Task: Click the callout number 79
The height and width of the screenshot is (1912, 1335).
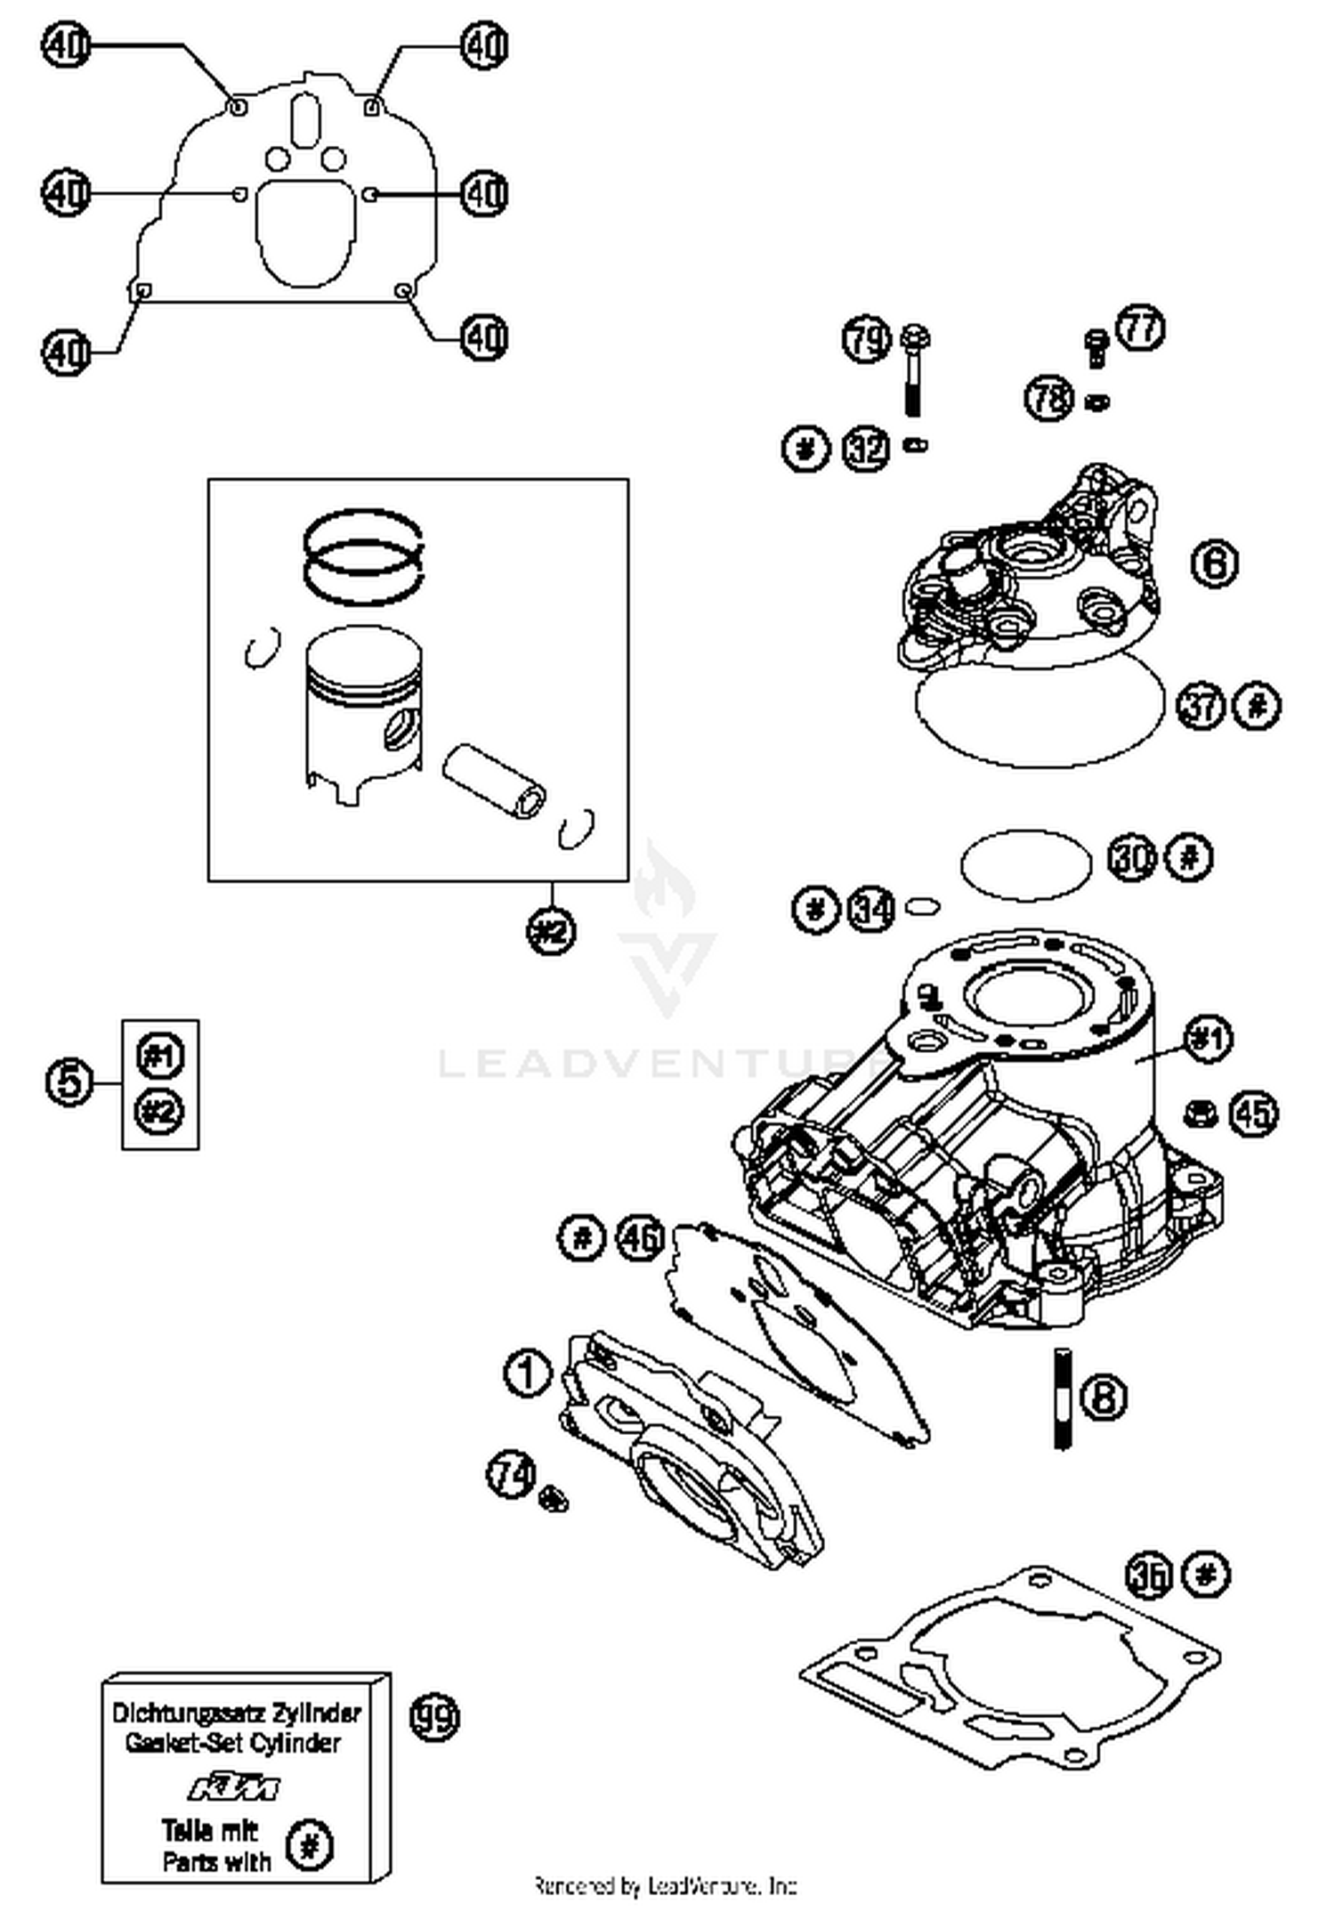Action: point(866,339)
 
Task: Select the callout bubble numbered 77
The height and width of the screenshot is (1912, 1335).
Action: point(1140,328)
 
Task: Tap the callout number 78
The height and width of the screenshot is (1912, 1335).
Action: point(1049,397)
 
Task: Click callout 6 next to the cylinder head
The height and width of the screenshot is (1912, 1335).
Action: point(1214,563)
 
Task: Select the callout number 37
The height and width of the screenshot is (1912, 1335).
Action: point(1202,706)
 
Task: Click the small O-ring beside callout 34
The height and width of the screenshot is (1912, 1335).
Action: point(922,906)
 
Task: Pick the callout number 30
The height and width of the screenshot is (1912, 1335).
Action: point(1133,858)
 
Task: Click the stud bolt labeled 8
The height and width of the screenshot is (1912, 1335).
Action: point(1062,1398)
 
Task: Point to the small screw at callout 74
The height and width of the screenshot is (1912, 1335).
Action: point(554,1498)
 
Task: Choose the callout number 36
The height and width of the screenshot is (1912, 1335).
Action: point(1149,1576)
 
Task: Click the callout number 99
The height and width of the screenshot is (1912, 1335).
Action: point(434,1716)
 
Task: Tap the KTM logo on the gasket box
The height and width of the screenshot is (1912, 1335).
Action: point(234,1787)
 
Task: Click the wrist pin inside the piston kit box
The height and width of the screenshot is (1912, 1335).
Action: point(494,779)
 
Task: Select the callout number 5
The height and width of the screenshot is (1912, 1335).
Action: point(69,1082)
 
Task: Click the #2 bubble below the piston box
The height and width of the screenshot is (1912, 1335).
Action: point(551,931)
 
